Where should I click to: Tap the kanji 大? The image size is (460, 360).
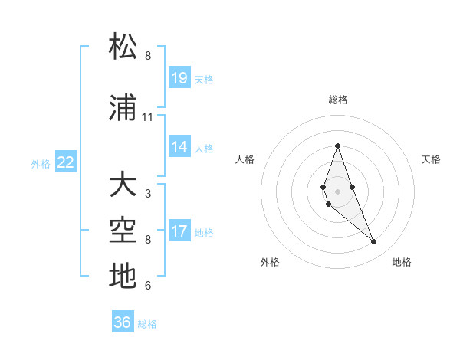[x=123, y=186]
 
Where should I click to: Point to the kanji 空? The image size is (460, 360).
[x=123, y=231]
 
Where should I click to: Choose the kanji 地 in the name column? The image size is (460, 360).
[x=123, y=276]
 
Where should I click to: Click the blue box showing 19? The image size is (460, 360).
[x=179, y=78]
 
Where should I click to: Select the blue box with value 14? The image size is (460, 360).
[x=179, y=147]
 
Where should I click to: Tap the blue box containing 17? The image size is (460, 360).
[x=179, y=231]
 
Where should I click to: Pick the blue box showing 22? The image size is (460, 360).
[x=66, y=162]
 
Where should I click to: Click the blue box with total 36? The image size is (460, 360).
[x=123, y=322]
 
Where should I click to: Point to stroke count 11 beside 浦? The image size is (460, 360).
[x=148, y=117]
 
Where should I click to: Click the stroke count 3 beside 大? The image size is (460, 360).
[x=148, y=194]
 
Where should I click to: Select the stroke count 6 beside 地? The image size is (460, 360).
[x=148, y=286]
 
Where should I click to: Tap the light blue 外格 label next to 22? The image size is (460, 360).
[x=41, y=163]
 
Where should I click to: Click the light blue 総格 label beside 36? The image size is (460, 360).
[x=147, y=324]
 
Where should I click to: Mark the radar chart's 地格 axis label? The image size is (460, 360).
[x=402, y=262]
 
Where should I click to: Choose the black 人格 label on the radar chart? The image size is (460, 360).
[x=245, y=159]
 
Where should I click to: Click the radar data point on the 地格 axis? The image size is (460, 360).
[x=373, y=242]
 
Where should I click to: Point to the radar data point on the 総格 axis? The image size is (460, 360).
[x=337, y=146]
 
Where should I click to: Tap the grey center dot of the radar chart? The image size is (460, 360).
[x=337, y=191]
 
